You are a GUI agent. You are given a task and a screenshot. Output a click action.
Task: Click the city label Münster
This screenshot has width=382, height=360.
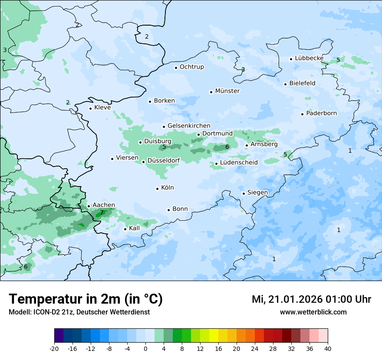click(x=227, y=91)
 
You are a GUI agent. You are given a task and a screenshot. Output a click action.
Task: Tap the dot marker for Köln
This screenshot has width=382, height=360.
click(x=157, y=188)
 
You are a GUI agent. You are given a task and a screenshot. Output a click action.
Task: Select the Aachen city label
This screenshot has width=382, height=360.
click(x=104, y=205)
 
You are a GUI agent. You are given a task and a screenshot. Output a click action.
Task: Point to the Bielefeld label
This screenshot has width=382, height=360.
click(x=302, y=83)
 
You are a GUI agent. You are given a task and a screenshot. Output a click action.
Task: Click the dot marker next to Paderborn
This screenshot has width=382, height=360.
click(x=302, y=114)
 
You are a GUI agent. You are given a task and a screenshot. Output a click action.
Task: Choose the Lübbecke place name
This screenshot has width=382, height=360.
click(x=309, y=58)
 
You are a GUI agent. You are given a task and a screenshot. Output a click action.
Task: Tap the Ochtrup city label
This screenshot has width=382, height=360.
click(x=191, y=67)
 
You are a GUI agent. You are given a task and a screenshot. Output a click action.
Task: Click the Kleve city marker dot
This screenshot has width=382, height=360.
click(x=90, y=108)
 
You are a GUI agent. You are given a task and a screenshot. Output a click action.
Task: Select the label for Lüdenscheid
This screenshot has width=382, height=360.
click(x=239, y=163)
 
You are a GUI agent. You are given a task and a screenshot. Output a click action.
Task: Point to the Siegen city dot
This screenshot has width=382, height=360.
click(x=244, y=193)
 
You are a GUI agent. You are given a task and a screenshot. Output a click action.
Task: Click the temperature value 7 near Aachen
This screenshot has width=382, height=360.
click(x=102, y=213)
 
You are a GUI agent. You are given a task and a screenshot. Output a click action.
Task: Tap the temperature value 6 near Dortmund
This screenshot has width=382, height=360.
click(x=227, y=147)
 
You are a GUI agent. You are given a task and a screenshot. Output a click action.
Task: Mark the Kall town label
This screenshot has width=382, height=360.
click(x=134, y=228)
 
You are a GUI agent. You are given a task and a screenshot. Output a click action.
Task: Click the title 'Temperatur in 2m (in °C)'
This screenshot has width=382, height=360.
click(x=86, y=299)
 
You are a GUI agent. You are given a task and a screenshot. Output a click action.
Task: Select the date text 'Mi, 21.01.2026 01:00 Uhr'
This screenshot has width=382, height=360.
click(x=311, y=299)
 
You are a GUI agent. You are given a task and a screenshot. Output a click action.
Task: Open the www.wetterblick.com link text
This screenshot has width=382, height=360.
click(x=313, y=312)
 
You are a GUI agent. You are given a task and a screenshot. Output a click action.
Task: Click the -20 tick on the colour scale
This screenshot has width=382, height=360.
click(x=54, y=349)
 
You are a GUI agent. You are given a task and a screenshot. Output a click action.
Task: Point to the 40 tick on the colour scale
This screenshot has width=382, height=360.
click(x=327, y=349)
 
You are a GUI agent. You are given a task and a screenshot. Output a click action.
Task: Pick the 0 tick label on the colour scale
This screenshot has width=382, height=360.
click(x=145, y=349)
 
